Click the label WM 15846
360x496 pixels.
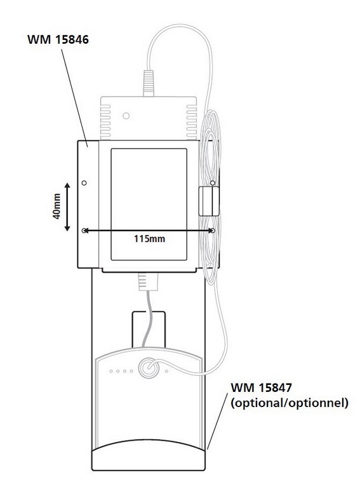[x=58, y=39]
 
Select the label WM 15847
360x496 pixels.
[x=262, y=387]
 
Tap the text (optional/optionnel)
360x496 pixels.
[x=290, y=403]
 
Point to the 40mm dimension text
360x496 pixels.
[x=57, y=206]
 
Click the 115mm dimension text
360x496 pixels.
[x=149, y=239]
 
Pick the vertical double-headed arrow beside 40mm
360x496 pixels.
[x=67, y=207]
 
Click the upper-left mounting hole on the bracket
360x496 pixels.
[x=84, y=183]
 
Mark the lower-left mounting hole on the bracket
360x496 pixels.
[x=84, y=231]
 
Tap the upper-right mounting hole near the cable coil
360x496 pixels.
[x=213, y=183]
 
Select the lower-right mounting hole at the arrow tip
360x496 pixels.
[x=213, y=231]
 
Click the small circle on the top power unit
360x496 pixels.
[x=126, y=116]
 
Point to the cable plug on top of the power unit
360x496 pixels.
[x=149, y=83]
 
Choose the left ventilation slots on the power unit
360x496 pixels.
[x=105, y=122]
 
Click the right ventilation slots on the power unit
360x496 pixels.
[x=191, y=122]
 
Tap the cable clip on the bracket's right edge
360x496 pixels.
[x=209, y=201]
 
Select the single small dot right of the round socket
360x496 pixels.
[x=166, y=371]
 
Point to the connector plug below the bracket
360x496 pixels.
[x=148, y=281]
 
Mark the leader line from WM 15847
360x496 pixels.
[x=217, y=421]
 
